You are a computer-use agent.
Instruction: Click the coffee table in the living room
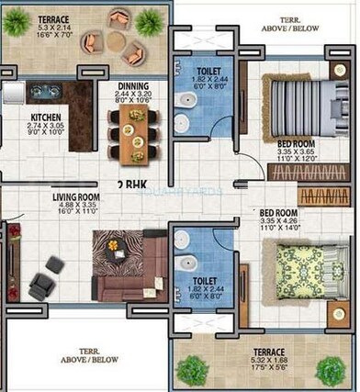click(x=114, y=246)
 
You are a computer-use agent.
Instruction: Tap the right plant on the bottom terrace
click(x=331, y=371)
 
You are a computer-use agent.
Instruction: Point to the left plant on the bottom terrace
click(x=193, y=369)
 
